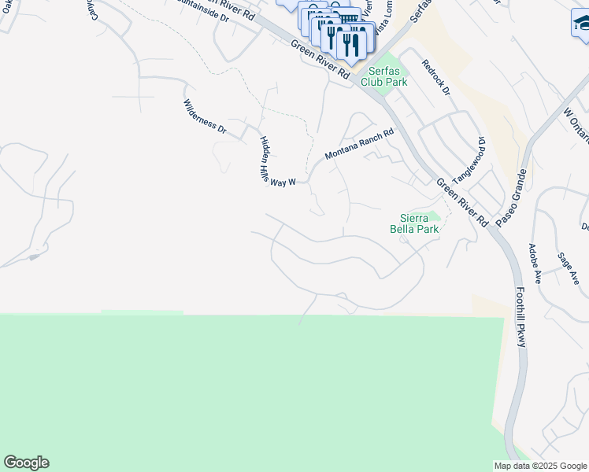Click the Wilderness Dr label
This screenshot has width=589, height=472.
pos(204,118)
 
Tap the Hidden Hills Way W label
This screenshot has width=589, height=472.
pos(276,160)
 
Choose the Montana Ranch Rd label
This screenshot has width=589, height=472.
pos(359,145)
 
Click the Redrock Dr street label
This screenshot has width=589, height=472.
pos(435,78)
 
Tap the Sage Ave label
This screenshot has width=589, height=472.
pos(569,267)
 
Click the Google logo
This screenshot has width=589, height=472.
pos(26,463)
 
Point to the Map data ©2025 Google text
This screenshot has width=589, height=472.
pos(539,466)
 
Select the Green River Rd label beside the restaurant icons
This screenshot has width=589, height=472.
pos(320,59)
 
